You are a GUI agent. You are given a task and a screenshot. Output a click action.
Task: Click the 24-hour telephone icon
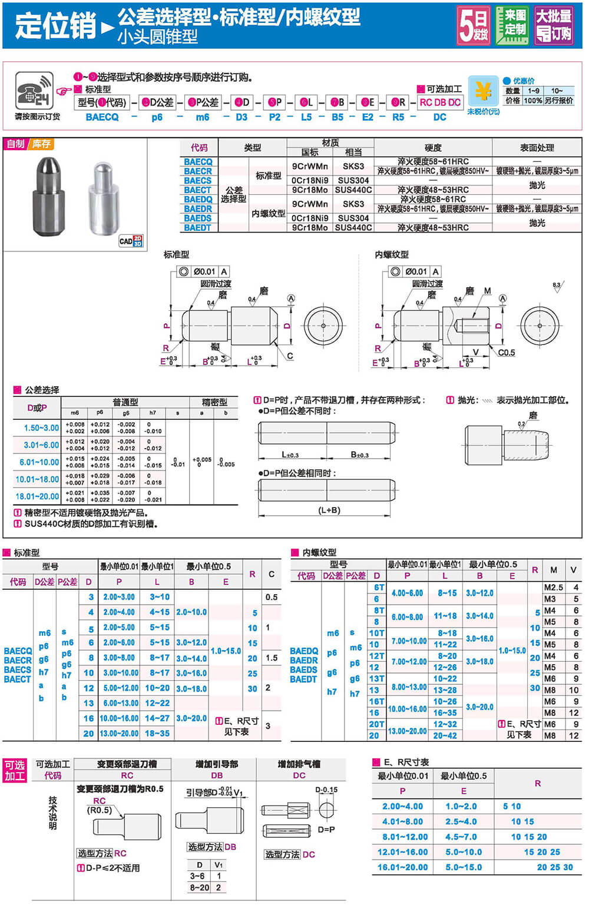point(34,91)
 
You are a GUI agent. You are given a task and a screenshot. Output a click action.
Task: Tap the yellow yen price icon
point(483,92)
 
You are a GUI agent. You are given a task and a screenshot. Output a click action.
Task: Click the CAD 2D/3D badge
point(130,240)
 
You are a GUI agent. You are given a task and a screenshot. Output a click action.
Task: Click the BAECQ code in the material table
point(198,162)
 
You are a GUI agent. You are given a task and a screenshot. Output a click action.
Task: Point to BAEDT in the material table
point(197,228)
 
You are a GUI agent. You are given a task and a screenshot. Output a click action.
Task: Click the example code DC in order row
point(439,117)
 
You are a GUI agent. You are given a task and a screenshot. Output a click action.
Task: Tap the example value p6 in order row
point(157,117)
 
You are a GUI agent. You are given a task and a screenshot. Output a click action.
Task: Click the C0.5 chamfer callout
point(506,353)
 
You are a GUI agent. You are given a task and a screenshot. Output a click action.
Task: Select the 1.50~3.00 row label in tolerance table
point(41,428)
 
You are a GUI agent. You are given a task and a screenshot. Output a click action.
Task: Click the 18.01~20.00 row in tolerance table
point(37,496)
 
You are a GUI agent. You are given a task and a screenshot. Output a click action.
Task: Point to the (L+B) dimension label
point(329,510)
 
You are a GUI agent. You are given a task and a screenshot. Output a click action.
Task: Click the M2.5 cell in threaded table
point(553,588)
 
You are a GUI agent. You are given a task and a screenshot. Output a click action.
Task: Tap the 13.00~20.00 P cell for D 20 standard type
point(118,734)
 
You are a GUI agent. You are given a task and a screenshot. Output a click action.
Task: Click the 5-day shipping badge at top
point(474,25)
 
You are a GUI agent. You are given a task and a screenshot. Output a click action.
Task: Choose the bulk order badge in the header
point(554,25)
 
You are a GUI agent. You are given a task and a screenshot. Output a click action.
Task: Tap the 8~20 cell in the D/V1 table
point(199,887)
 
